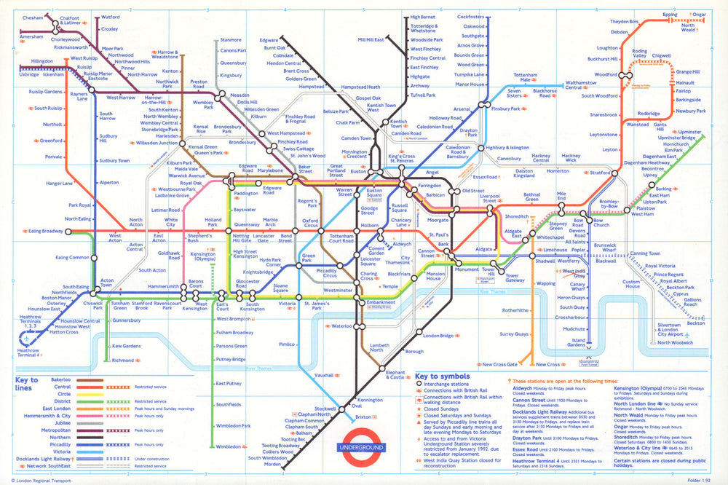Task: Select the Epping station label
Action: [669, 14]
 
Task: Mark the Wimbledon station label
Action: [227, 446]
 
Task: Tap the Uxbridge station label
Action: [28, 74]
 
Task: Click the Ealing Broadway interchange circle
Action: [67, 232]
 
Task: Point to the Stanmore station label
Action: [230, 39]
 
